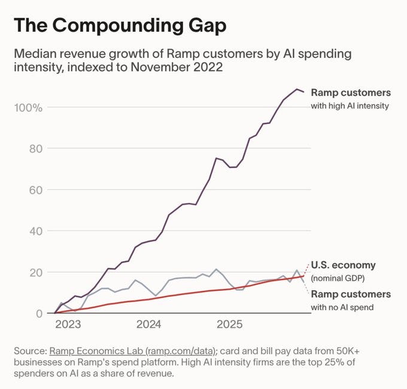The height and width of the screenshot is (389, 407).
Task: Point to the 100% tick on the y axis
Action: tap(29, 108)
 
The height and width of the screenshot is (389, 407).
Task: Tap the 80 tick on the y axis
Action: tap(35, 148)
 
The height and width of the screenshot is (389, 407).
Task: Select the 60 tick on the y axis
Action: tap(35, 190)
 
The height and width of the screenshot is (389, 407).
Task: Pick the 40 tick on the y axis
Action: tap(35, 231)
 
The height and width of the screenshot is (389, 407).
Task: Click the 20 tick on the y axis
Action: tap(35, 272)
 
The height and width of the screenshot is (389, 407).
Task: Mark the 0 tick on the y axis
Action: tap(39, 313)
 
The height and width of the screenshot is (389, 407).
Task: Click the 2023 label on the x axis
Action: tap(68, 325)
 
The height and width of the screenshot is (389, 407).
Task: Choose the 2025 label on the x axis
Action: tap(229, 325)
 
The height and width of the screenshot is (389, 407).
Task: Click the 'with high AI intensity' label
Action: tap(350, 106)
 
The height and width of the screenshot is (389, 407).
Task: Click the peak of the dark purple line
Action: tap(296, 89)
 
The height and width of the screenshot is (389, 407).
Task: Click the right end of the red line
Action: tap(303, 276)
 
